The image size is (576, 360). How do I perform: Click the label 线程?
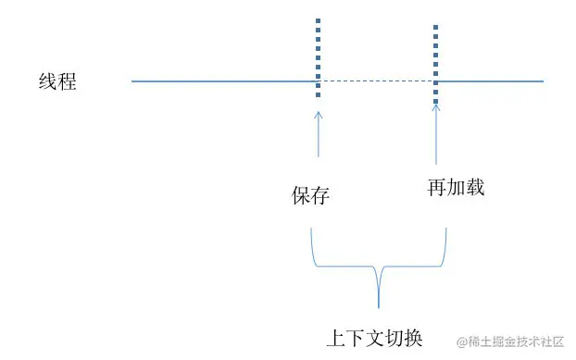[x=56, y=81]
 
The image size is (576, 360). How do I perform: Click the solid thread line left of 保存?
[x=222, y=81]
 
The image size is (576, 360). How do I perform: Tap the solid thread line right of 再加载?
[x=490, y=81]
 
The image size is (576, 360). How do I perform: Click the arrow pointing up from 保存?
[x=319, y=134]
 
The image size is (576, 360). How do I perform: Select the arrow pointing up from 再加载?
[x=436, y=134]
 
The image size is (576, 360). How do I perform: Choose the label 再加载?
[x=456, y=188]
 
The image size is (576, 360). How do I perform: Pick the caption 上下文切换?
[x=375, y=337]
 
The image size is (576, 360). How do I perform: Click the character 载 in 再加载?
[x=475, y=188]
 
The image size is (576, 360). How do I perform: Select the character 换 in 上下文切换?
[x=413, y=337]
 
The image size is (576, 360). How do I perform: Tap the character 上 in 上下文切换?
[x=338, y=337]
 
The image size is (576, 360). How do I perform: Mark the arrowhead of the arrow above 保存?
[x=319, y=115]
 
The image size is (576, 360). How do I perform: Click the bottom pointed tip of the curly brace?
[x=379, y=305]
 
